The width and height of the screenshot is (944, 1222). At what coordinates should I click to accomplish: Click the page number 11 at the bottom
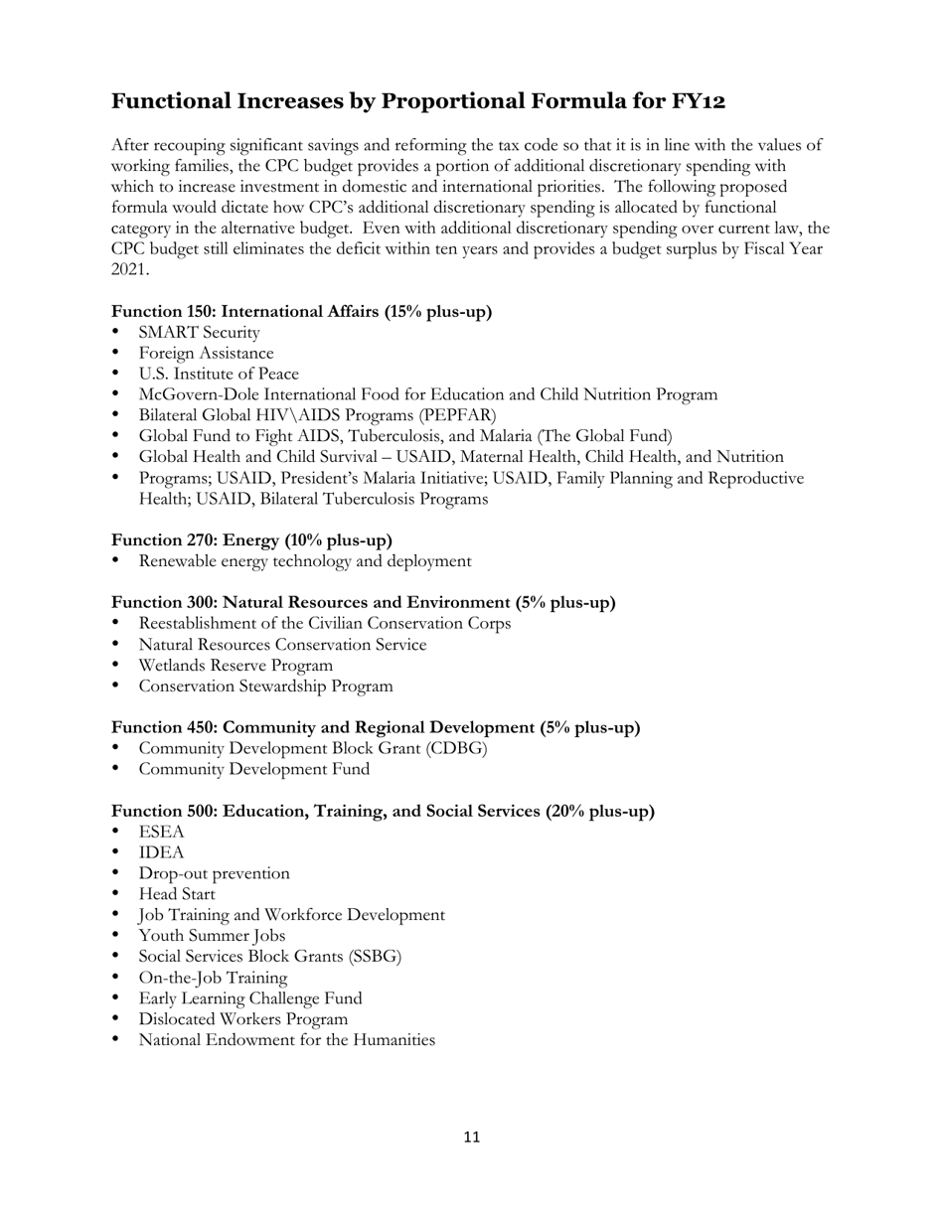(x=471, y=1137)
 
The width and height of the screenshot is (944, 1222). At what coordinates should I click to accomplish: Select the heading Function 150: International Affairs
(x=301, y=311)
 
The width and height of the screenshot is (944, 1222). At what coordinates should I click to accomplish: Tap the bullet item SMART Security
(x=199, y=332)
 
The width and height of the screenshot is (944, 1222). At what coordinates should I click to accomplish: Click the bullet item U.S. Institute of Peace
(x=219, y=374)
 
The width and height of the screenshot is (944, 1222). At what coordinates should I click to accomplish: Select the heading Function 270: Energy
(x=251, y=540)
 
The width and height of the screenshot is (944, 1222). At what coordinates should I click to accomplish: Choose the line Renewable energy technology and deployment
(x=305, y=561)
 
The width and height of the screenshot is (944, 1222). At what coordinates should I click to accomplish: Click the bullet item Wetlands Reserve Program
(x=236, y=666)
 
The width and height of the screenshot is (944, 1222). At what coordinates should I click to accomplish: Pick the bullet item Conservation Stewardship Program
(x=265, y=687)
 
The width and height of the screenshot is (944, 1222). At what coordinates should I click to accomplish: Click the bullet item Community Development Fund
(x=253, y=769)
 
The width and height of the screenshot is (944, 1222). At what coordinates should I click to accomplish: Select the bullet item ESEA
(x=161, y=832)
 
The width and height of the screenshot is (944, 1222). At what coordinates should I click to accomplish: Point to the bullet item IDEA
(x=161, y=852)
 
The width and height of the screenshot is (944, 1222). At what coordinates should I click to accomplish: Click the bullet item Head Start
(x=177, y=894)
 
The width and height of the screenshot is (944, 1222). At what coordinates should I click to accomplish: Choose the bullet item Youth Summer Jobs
(x=212, y=936)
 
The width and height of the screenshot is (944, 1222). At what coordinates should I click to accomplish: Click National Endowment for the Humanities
(x=286, y=1040)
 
